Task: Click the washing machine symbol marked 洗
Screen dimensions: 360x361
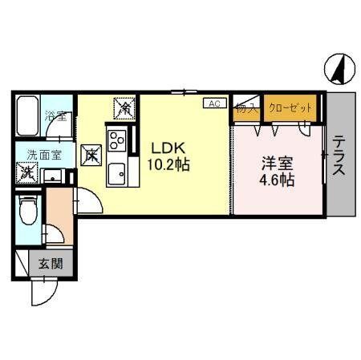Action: coord(27,171)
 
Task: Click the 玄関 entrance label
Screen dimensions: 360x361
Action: coord(51,262)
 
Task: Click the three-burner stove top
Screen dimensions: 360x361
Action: coord(117,141)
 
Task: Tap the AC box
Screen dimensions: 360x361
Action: coord(213,103)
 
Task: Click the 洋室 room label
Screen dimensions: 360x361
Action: coord(275,161)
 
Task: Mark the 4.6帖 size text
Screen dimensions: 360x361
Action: coord(276,180)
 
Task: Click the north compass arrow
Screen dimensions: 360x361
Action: coord(339,71)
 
